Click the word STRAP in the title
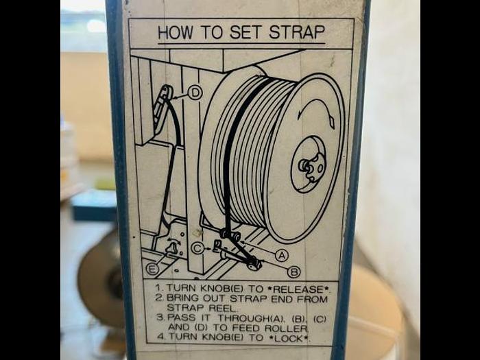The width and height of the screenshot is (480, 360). pyautogui.click(x=297, y=32)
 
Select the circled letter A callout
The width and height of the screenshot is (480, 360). pyautogui.click(x=282, y=255)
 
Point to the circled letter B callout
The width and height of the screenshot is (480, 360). pyautogui.click(x=294, y=272)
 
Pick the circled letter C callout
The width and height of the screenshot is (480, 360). pyautogui.click(x=197, y=248)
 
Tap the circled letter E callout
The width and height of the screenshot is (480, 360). pyautogui.click(x=152, y=269)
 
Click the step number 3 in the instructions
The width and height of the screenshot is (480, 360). pyautogui.click(x=160, y=317)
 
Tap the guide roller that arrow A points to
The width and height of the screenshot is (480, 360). pyautogui.click(x=230, y=235)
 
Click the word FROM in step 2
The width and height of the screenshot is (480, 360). pyautogui.click(x=311, y=299)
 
